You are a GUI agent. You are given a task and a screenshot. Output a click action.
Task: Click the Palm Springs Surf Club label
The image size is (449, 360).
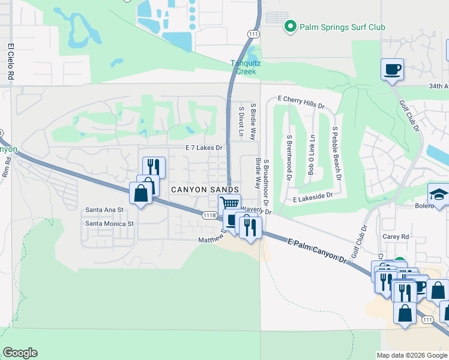343,27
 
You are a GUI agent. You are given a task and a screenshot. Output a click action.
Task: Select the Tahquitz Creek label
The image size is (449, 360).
244,67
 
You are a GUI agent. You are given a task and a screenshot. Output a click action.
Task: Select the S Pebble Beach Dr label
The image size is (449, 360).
336,154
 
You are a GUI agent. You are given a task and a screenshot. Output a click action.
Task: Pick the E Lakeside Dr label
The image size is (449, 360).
313,197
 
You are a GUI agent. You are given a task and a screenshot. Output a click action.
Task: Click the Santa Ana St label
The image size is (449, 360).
104,210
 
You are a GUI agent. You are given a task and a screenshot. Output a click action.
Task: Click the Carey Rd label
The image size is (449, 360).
396,236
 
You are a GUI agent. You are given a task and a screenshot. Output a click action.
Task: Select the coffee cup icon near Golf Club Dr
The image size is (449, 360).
393,69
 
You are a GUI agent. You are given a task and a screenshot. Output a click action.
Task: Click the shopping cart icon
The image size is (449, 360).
229,204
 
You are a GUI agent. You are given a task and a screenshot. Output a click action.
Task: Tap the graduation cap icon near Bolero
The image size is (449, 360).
438,195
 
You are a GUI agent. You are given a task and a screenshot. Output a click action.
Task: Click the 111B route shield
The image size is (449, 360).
209,215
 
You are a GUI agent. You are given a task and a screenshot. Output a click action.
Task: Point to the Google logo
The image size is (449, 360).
20,353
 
